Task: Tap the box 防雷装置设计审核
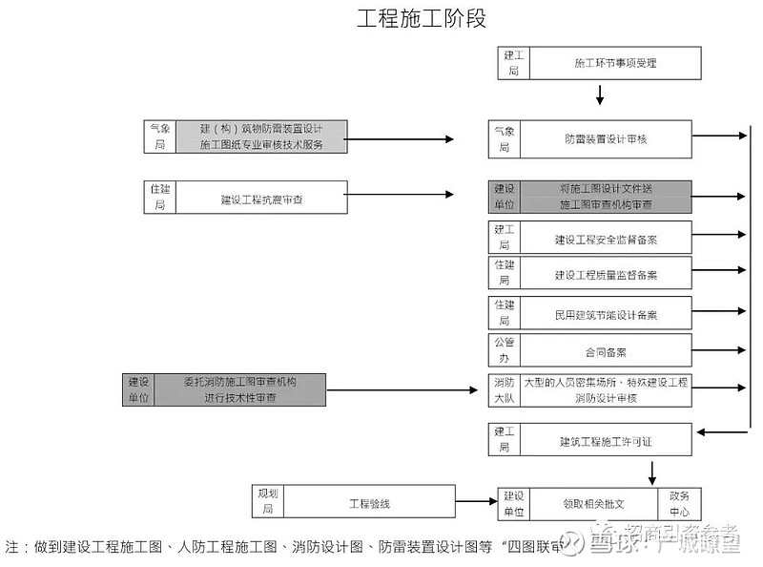(x=606, y=138)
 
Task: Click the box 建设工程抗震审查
(x=267, y=199)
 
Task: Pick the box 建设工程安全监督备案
(x=606, y=239)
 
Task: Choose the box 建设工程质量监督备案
(x=606, y=274)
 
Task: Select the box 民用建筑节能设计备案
(x=606, y=314)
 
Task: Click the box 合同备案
(x=606, y=351)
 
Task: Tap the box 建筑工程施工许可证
(x=606, y=441)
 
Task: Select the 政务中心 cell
(x=679, y=503)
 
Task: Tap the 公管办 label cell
(x=504, y=350)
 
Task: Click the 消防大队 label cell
(x=504, y=389)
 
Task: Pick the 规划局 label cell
(x=268, y=502)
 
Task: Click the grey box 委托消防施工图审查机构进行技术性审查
(x=239, y=389)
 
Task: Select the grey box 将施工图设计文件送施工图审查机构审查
(x=606, y=197)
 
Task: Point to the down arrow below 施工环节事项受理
(x=600, y=94)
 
